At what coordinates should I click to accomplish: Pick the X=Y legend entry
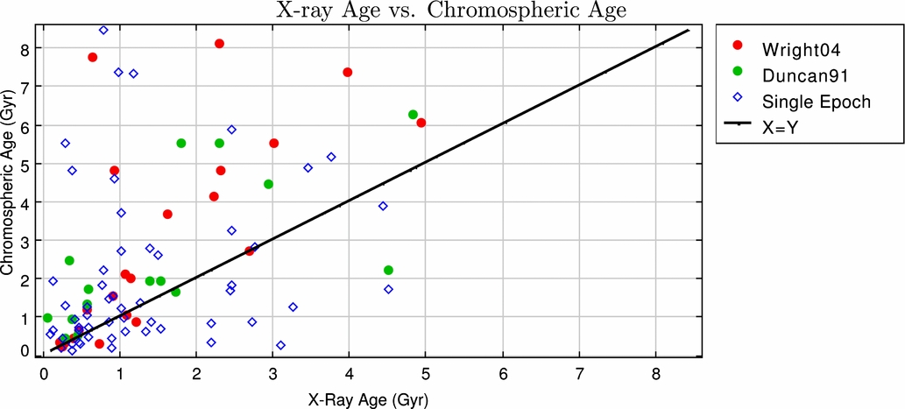(x=763, y=129)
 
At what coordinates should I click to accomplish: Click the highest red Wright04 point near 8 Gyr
(x=219, y=44)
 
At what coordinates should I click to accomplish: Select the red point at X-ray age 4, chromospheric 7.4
(x=348, y=72)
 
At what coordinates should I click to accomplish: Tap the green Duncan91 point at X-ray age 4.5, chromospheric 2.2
(x=388, y=270)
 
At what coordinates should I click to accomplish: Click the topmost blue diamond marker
(x=103, y=30)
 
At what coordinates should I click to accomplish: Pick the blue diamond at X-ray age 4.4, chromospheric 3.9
(x=383, y=206)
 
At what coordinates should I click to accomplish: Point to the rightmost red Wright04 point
(x=421, y=123)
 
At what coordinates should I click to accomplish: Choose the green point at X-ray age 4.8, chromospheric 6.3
(x=413, y=115)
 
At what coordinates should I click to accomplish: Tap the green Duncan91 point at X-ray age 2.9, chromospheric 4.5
(x=268, y=184)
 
